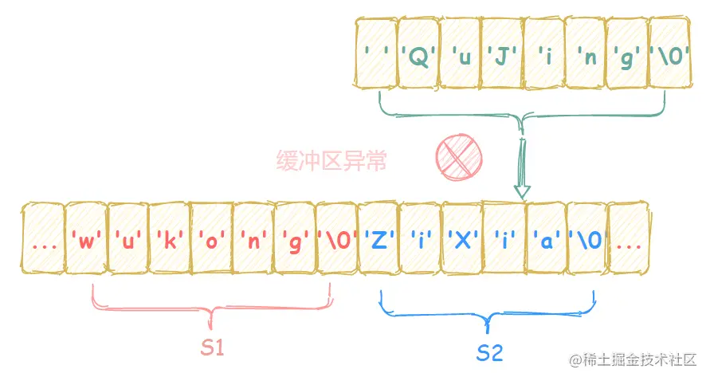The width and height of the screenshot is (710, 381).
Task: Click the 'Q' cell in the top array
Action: pos(418,55)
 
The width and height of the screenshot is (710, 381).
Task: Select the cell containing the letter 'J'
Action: pos(502,55)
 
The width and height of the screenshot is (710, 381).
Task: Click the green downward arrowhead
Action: pos(521,191)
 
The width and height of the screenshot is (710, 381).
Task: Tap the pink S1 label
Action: pos(210,349)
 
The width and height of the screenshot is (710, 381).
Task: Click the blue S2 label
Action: pos(489,353)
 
